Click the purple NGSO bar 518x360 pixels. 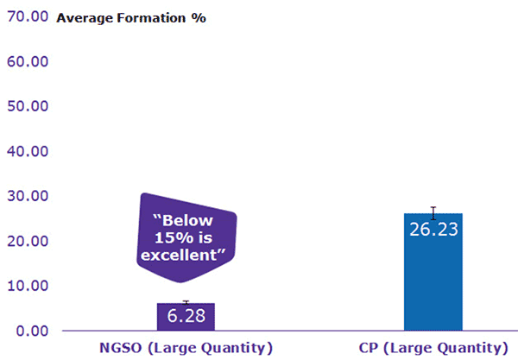(x=186, y=317)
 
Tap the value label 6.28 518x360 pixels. (x=186, y=317)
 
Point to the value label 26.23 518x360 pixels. (x=433, y=229)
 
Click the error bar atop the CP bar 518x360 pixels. (x=433, y=212)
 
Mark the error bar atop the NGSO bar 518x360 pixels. (x=186, y=302)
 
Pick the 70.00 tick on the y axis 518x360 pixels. (x=28, y=18)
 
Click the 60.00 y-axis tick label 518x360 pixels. (x=28, y=62)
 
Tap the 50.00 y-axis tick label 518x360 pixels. (x=28, y=107)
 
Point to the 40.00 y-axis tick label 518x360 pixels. (x=28, y=152)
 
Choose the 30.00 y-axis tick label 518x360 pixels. (x=28, y=197)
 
